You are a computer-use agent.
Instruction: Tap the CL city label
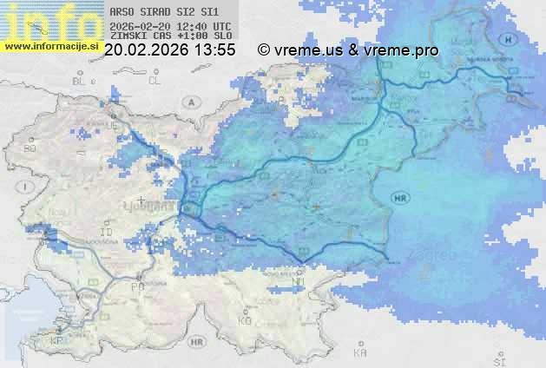coord(155,81)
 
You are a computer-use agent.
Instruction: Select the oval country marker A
coord(189,102)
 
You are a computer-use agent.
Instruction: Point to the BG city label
coord(29,149)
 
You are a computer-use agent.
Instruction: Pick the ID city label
coord(107,233)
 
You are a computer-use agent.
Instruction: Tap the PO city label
coord(137,286)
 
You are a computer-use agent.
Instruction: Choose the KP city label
coord(57,341)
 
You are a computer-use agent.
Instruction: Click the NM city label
coord(299,281)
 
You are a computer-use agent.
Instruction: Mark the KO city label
coord(245,320)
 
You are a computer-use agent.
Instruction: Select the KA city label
coord(360,353)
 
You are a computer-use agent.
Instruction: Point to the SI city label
coord(498,358)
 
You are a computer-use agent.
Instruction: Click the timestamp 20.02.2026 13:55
coord(169,50)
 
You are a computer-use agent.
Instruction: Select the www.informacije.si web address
coord(49,46)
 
